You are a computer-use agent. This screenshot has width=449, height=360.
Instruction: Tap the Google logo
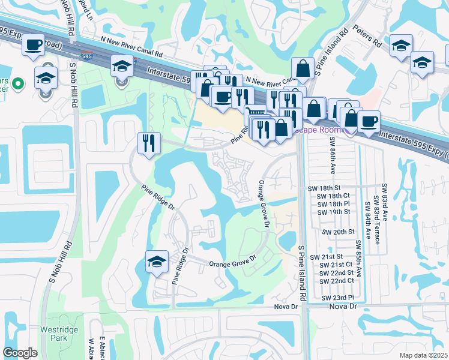pyautogui.click(x=20, y=353)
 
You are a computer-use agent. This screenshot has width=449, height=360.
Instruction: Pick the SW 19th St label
pyautogui.click(x=333, y=212)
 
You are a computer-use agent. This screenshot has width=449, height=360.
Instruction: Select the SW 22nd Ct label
pyautogui.click(x=336, y=281)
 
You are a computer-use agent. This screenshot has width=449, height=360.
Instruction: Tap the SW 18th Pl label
pyautogui.click(x=333, y=204)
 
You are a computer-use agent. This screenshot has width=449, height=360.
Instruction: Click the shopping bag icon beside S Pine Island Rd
pyautogui.click(x=304, y=68)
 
